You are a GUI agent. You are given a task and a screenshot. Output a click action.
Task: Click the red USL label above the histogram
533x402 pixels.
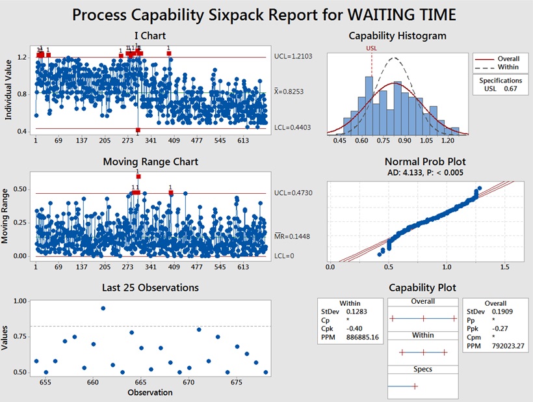tap(372, 47)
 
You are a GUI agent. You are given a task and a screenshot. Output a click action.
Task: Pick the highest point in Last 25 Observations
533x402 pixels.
tap(103, 308)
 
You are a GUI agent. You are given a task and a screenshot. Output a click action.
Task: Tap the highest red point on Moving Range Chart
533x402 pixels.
tap(138, 176)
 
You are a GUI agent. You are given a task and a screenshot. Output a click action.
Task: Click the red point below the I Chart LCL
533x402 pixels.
tap(138, 131)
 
